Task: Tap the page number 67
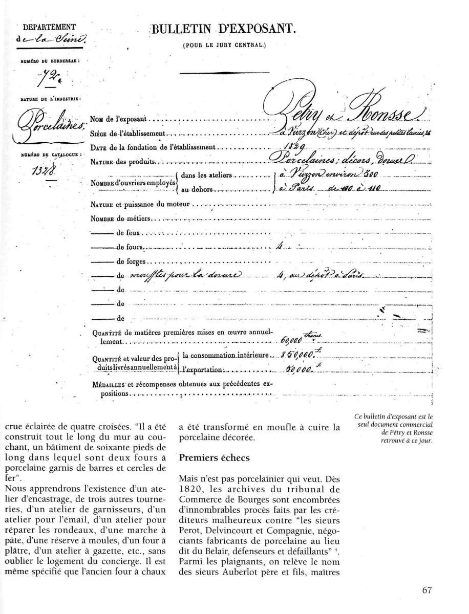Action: (428, 589)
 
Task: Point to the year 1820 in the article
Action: (189, 490)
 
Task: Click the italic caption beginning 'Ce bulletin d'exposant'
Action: (393, 429)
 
